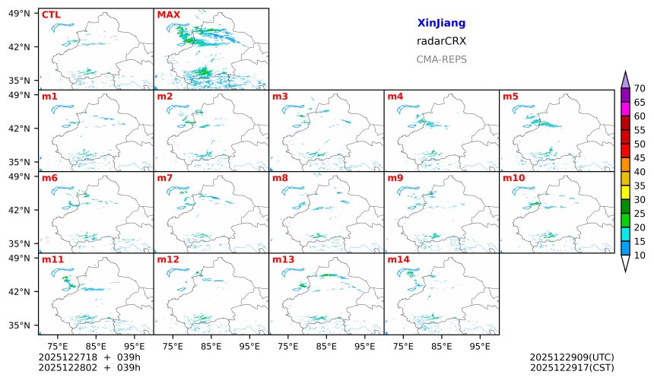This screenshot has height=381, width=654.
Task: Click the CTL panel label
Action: (51, 14)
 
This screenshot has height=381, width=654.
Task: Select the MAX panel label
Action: (167, 14)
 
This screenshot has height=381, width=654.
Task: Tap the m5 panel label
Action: (510, 97)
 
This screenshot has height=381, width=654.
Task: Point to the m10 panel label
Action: (513, 178)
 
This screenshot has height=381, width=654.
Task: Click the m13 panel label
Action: (283, 260)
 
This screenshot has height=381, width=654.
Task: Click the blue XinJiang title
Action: (441, 24)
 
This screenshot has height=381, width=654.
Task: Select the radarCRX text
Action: (441, 42)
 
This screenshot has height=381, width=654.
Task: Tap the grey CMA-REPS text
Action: (441, 59)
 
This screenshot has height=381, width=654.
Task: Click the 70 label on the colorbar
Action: (640, 88)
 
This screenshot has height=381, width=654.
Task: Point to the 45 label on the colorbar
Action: (640, 158)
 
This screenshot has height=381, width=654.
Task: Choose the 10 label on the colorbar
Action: (640, 256)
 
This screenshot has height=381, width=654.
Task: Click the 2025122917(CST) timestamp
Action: (572, 368)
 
